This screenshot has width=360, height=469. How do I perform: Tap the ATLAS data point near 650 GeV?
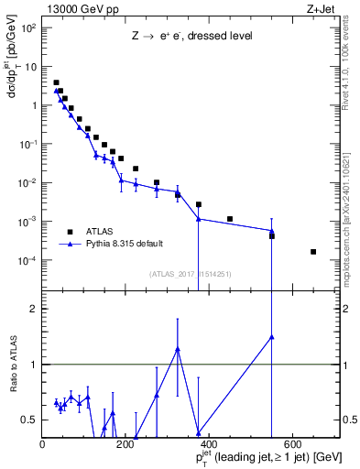coord(313,251)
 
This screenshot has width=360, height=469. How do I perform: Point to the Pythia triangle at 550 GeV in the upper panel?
coord(272,232)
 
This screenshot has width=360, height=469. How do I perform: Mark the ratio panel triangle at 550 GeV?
coord(272,336)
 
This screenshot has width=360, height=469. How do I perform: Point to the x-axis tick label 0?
coord(42,444)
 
